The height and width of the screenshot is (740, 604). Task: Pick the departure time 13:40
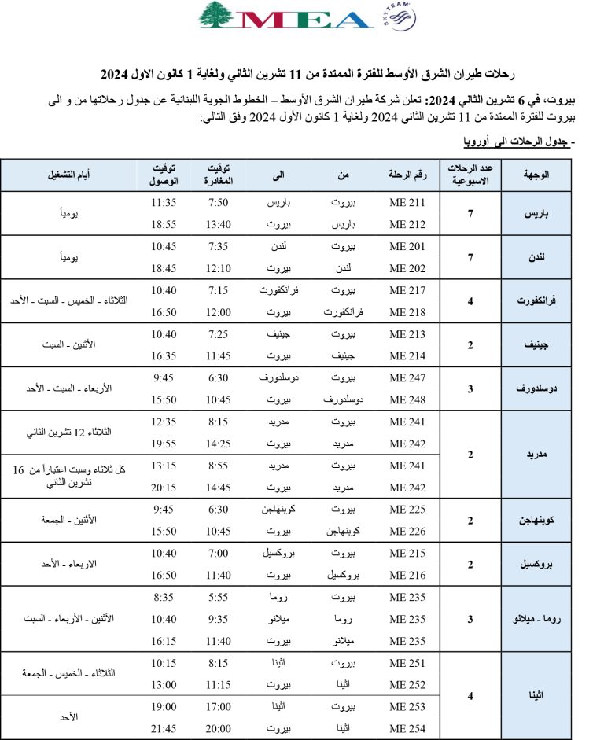(219, 224)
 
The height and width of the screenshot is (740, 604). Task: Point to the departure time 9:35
(219, 619)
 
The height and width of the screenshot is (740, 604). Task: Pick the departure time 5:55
(219, 597)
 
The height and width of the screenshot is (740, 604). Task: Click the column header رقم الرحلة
(407, 174)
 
